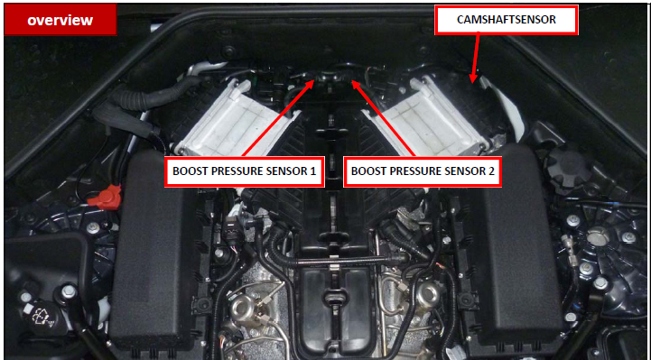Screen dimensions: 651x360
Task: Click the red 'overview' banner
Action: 60,21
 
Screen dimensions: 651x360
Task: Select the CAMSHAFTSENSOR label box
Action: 507,20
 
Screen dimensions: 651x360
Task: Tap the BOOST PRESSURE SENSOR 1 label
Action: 245,171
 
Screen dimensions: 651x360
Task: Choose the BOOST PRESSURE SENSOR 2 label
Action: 423,171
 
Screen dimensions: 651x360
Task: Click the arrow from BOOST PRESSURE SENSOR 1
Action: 278,118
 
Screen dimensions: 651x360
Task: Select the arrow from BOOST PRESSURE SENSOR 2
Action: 383,118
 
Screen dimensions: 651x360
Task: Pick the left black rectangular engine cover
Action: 153,249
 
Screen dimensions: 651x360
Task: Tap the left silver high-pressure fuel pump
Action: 242,308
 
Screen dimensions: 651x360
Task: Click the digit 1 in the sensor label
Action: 314,171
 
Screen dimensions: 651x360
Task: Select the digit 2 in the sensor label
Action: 491,171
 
